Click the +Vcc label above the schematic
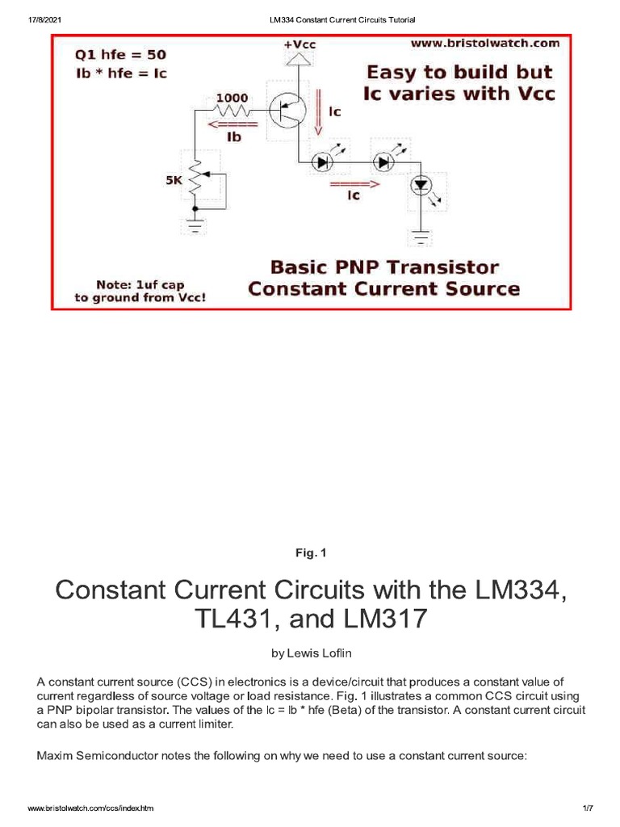(x=300, y=45)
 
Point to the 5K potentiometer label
(x=174, y=181)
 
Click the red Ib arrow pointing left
(x=232, y=124)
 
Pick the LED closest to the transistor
(x=323, y=162)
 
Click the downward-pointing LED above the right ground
(x=421, y=186)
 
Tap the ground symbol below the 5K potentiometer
(x=194, y=225)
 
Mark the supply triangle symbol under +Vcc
(x=300, y=59)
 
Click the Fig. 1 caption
(x=310, y=553)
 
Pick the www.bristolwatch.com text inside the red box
(x=485, y=43)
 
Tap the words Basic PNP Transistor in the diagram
(x=384, y=267)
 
